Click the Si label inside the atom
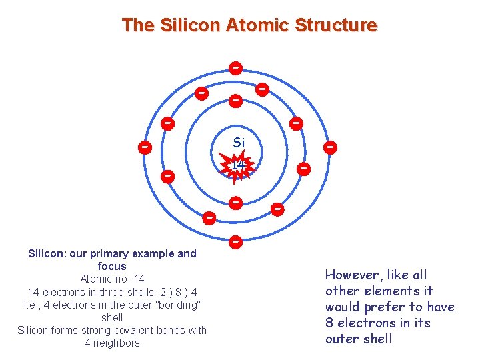239,143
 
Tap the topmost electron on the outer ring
235,68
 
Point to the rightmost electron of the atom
329,147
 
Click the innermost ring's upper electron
235,101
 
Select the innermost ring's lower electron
235,202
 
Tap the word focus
112,266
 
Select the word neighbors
117,343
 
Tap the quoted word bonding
174,305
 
